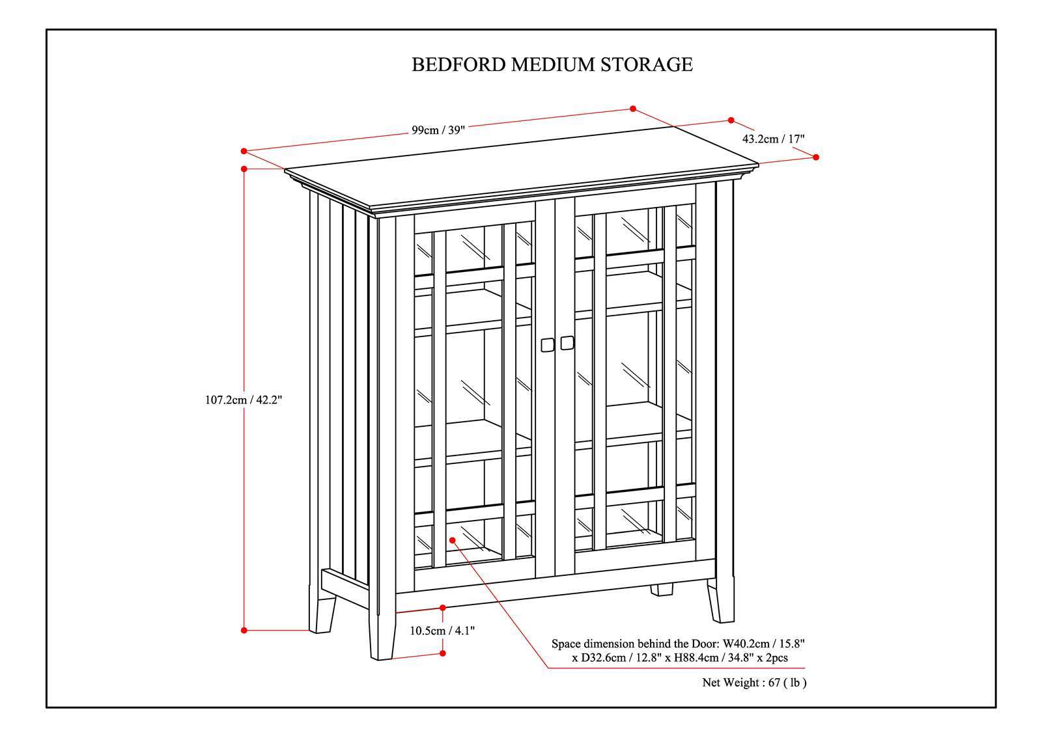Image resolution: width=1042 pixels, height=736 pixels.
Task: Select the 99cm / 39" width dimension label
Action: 438,129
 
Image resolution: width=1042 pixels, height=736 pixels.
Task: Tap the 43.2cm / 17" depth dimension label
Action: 774,139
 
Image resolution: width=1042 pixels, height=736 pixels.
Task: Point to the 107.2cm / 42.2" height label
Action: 244,400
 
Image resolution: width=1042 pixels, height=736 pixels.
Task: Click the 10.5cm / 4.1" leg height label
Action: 442,630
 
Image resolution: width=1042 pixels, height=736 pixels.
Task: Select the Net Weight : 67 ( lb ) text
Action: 754,683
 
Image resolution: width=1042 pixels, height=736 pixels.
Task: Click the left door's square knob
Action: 547,344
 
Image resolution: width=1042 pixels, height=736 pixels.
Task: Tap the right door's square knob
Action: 567,342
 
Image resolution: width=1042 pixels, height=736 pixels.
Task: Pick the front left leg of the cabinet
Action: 382,634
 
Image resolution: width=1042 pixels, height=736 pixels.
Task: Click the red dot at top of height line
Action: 244,169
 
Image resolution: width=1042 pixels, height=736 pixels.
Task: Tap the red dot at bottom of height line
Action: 244,630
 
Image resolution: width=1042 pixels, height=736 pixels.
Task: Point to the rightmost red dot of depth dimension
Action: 816,157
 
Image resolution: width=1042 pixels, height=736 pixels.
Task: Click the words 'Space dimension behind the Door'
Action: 634,644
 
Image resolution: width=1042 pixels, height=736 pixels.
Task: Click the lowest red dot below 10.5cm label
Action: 443,653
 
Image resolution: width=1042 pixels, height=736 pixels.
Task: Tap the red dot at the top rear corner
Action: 632,109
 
